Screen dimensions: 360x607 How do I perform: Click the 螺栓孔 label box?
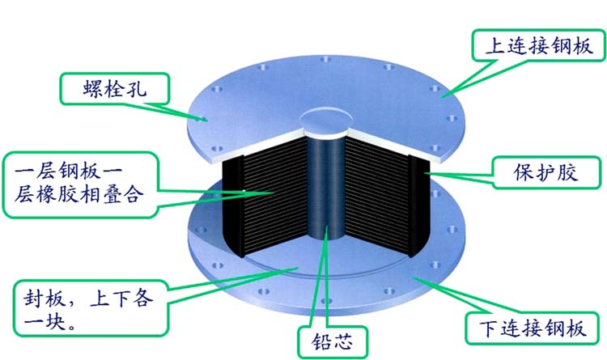coord(112,89)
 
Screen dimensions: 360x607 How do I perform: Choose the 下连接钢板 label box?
coord(534,328)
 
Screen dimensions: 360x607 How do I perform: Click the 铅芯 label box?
coord(327,338)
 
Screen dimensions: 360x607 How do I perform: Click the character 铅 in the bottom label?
coord(314,338)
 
